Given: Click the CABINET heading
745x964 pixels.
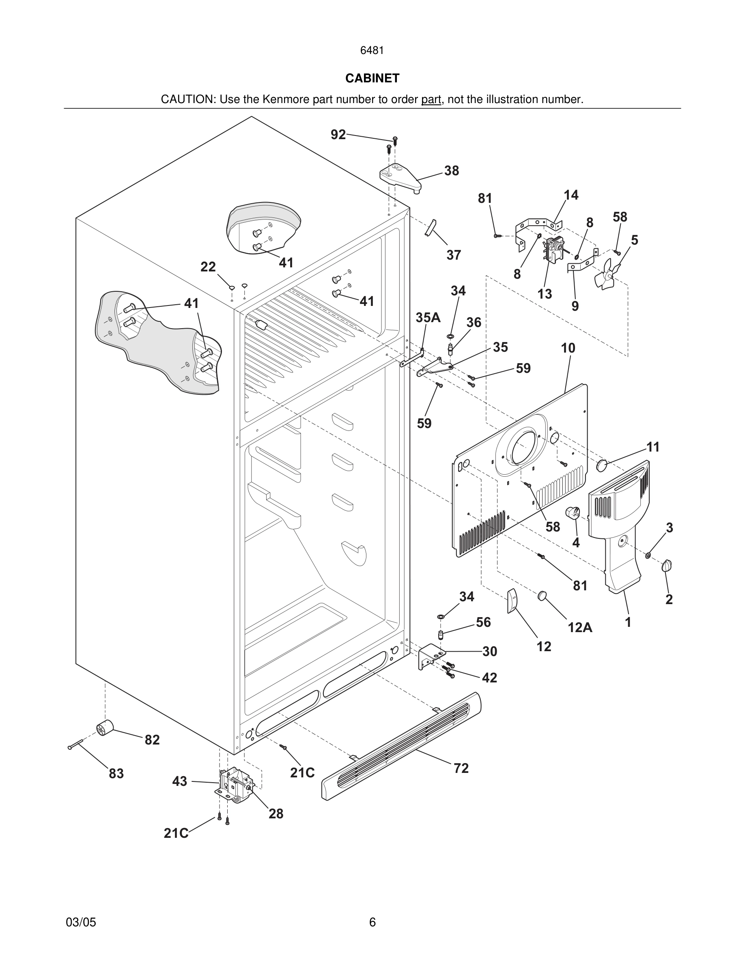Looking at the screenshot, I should [372, 78].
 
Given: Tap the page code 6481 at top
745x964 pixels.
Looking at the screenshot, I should [372, 50].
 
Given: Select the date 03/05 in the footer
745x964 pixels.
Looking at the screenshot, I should [81, 922].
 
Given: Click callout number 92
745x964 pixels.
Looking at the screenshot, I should [338, 135].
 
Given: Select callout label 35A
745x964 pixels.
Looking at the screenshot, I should [428, 317].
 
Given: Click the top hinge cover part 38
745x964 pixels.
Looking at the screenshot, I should [400, 176].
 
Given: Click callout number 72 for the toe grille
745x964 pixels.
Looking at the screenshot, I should [461, 768].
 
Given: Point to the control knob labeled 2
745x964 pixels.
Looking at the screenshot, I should [666, 566].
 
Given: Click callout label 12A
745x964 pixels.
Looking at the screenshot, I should [580, 627].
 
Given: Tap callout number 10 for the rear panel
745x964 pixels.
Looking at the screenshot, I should [568, 348].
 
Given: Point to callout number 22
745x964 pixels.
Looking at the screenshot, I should [208, 267].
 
